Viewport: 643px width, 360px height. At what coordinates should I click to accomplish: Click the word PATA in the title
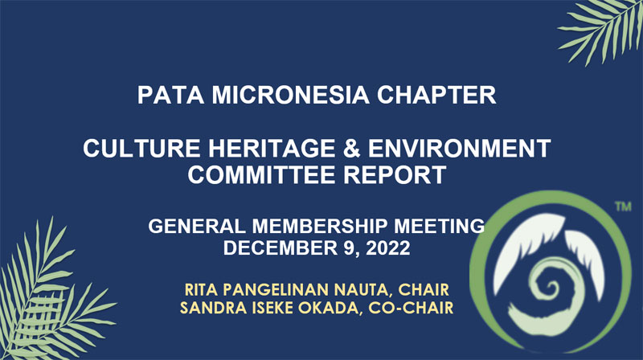pyautogui.click(x=170, y=95)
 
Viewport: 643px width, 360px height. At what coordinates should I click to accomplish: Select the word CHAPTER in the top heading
pyautogui.click(x=436, y=95)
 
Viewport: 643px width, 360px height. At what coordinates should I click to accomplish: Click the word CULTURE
pyautogui.click(x=142, y=148)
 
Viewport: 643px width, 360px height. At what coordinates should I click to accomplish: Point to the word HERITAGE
pyautogui.click(x=272, y=148)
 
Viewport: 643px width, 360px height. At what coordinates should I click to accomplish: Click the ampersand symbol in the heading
pyautogui.click(x=351, y=148)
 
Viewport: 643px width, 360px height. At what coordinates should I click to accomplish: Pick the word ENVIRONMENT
pyautogui.click(x=459, y=148)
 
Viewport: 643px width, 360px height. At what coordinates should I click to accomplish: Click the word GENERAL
pyautogui.click(x=196, y=226)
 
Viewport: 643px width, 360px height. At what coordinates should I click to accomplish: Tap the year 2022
pyautogui.click(x=388, y=248)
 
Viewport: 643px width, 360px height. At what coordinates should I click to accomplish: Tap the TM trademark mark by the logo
pyautogui.click(x=623, y=207)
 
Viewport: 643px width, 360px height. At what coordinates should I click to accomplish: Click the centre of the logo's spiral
pyautogui.click(x=550, y=286)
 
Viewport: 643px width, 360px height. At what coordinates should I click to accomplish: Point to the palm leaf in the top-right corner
pyautogui.click(x=603, y=29)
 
